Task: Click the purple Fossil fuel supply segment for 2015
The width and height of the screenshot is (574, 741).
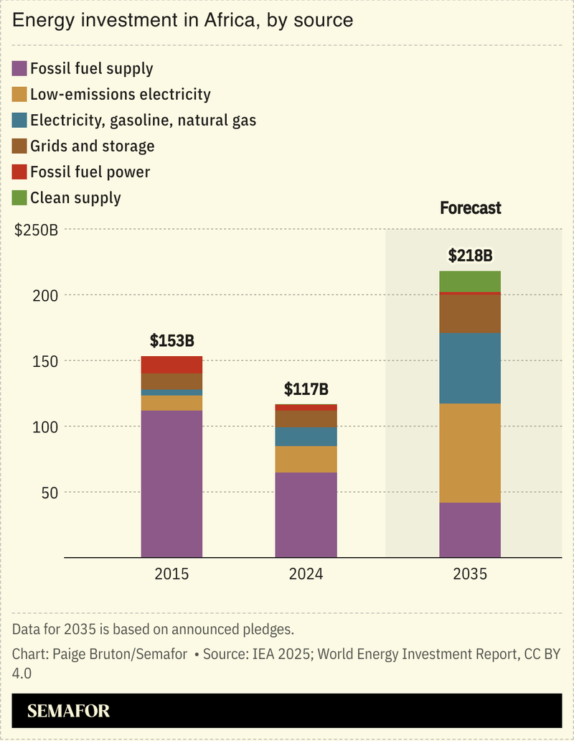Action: tap(171, 483)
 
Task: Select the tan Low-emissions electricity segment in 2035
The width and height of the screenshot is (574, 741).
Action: tap(470, 452)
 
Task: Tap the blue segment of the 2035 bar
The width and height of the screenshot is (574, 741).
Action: tap(470, 368)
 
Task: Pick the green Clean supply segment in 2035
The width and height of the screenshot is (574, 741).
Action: tap(470, 281)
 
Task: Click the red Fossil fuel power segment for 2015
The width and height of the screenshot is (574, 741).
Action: tap(171, 364)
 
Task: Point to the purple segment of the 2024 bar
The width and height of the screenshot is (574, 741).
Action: tap(306, 514)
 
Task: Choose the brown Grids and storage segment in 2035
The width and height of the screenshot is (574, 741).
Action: tap(470, 314)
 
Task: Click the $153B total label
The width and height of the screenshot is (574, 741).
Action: tap(171, 341)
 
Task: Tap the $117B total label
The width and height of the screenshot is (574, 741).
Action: tap(306, 390)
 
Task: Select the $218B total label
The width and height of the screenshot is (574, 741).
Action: tap(470, 256)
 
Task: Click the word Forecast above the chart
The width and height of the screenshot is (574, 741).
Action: tap(470, 208)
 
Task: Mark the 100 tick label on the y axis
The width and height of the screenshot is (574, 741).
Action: tap(44, 427)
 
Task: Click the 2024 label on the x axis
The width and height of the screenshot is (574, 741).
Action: tap(306, 574)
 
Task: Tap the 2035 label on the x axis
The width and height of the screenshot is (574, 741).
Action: tap(470, 574)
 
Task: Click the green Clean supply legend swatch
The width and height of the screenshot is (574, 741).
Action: tap(19, 197)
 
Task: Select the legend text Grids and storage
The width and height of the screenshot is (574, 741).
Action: tap(92, 146)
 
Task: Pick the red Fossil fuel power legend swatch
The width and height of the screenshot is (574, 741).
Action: tap(19, 172)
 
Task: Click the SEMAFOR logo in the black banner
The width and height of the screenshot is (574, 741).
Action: tap(69, 712)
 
